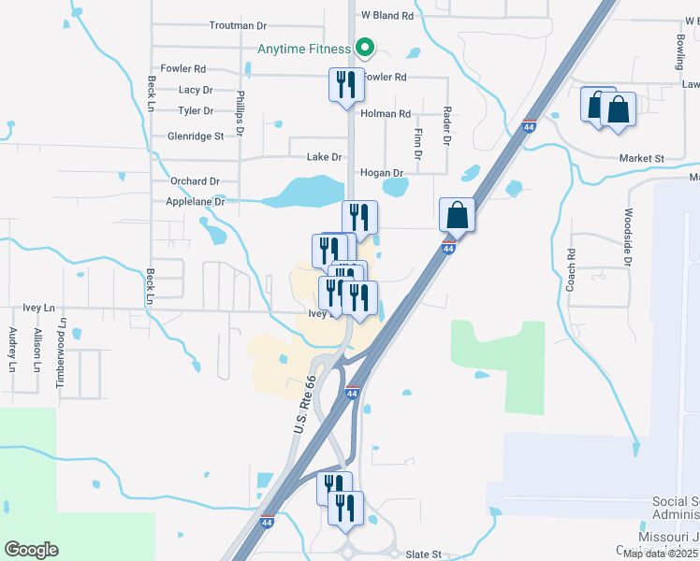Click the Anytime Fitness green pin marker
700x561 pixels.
365,47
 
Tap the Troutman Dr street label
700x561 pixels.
238,25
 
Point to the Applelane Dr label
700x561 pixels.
196,201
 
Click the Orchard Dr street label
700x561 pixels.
195,181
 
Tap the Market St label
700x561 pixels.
641,159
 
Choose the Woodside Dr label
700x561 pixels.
629,237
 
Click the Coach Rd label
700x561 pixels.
570,270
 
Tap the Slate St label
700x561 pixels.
423,554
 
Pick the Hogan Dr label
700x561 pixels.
381,173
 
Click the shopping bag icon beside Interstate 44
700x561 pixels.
457,215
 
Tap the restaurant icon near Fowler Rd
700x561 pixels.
343,85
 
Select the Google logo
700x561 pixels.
31,550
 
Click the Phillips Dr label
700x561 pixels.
240,113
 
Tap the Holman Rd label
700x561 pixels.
386,114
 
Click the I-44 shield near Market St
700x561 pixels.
530,126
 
